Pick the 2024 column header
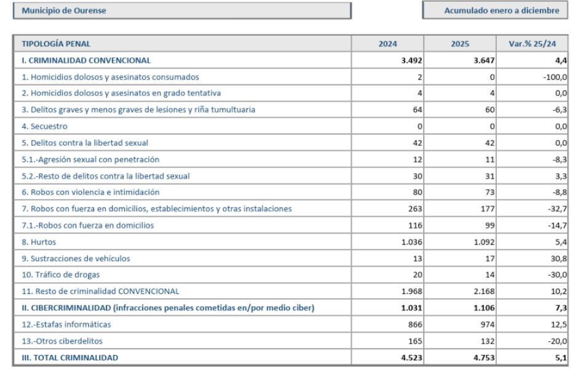(x=388, y=44)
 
